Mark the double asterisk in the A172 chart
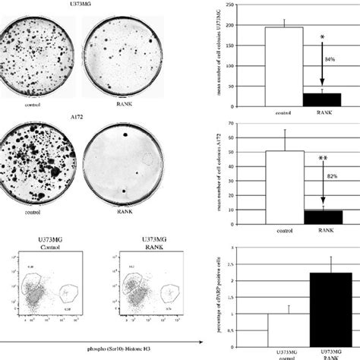323,161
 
